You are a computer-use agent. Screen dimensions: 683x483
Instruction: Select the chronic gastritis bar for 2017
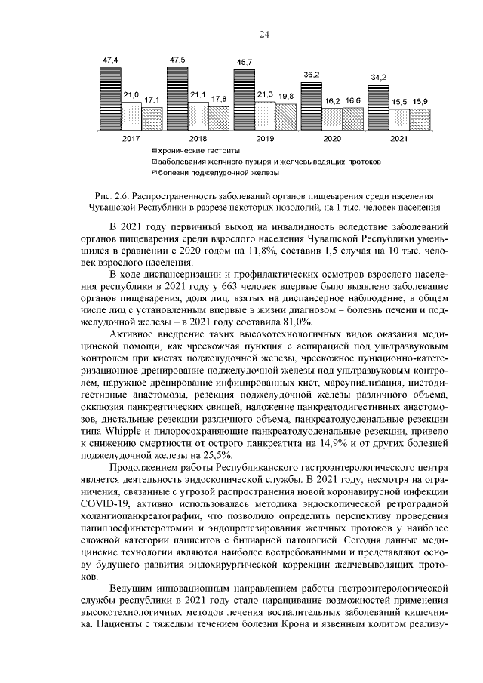109,99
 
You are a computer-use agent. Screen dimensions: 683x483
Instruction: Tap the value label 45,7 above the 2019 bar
244,61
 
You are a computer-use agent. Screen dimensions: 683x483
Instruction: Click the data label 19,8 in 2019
285,97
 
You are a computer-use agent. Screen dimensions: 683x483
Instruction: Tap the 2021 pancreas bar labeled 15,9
420,120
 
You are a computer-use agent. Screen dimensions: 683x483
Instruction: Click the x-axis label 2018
198,140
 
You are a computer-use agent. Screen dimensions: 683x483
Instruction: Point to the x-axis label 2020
332,140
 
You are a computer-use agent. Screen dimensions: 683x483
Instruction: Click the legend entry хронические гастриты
191,151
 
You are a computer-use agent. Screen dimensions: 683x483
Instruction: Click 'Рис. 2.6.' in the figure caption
102,195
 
